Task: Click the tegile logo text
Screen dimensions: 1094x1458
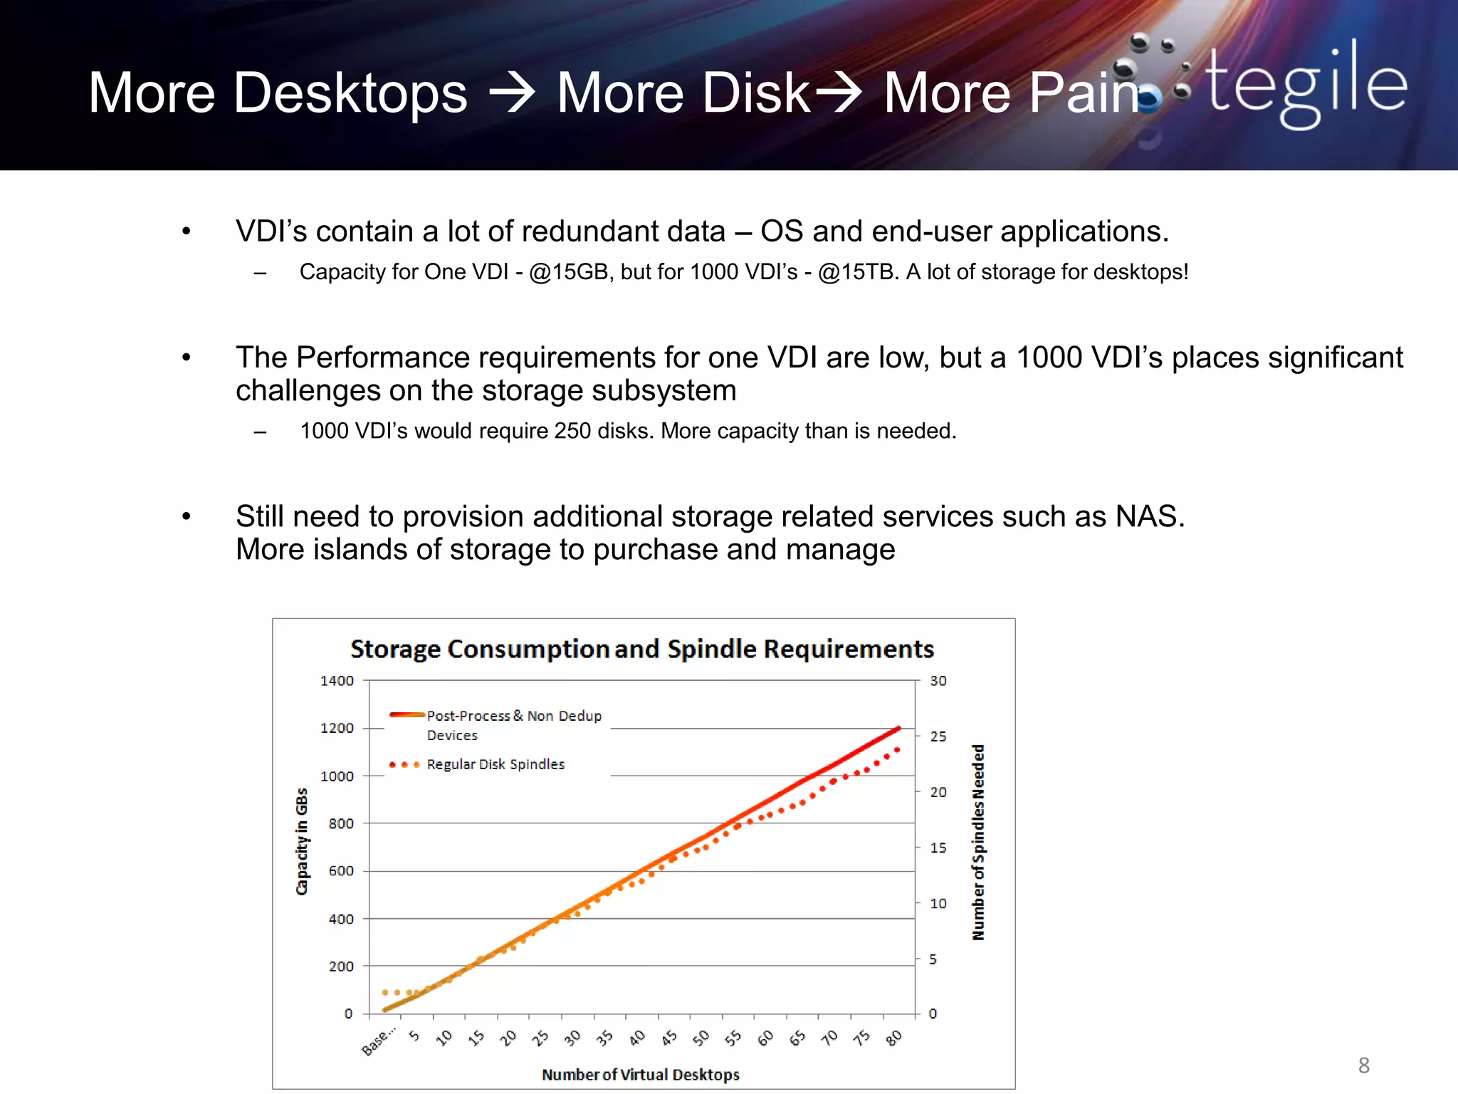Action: coord(1306,85)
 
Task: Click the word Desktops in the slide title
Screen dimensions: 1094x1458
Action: coord(350,93)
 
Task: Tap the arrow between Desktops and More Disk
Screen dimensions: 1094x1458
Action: coord(511,93)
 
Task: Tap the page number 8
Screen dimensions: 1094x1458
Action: coord(1363,1066)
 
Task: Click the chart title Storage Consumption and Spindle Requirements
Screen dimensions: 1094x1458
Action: coord(641,649)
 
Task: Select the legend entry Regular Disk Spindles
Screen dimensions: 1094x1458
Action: coord(495,764)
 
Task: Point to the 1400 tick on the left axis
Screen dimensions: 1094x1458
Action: coord(337,681)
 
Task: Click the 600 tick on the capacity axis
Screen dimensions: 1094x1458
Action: coord(340,871)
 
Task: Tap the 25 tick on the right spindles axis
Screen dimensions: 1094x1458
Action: coord(938,736)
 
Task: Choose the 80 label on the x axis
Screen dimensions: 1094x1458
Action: coord(894,1038)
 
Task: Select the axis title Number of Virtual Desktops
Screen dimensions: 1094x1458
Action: coord(640,1075)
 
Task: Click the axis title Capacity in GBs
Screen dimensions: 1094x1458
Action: coord(302,841)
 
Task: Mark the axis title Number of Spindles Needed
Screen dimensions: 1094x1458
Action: coord(979,842)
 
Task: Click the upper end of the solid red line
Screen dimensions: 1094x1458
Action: coord(899,728)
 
